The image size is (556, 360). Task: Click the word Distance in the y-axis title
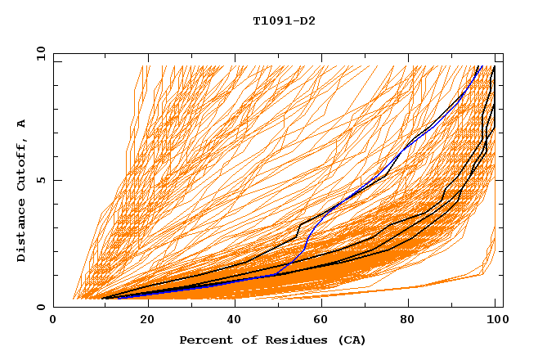point(21,230)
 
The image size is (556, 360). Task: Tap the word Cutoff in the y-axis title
point(21,162)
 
